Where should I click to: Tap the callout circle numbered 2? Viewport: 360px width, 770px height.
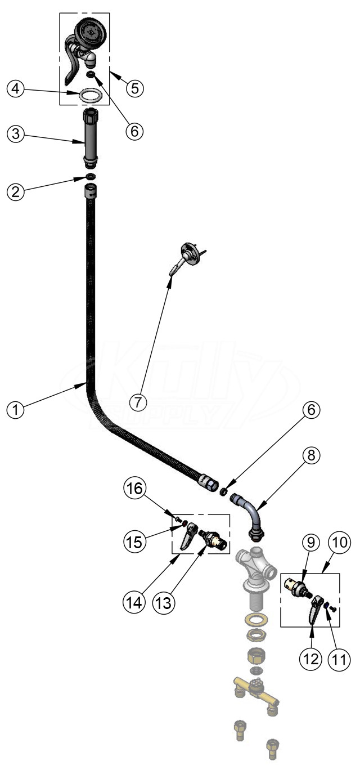point(16,191)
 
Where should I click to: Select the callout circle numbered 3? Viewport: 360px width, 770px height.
point(16,134)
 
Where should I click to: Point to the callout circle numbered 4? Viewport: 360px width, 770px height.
point(16,89)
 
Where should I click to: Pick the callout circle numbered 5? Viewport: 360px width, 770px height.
point(134,88)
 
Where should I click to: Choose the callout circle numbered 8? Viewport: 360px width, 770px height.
point(311,455)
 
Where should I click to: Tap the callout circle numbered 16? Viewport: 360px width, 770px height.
point(134,488)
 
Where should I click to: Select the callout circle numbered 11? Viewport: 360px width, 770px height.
point(339,659)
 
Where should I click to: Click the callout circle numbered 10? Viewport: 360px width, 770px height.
point(339,543)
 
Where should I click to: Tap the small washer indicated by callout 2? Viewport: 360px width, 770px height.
point(91,176)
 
